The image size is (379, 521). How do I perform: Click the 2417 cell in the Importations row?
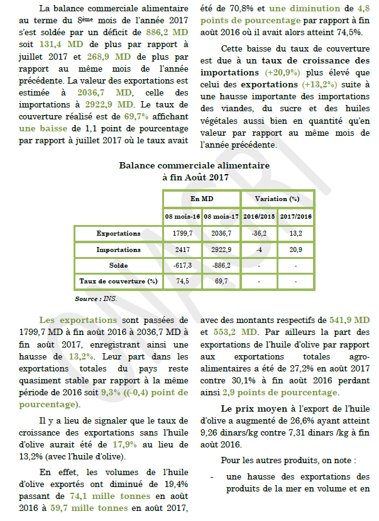[x=182, y=250]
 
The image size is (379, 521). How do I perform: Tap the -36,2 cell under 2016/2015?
[x=259, y=233]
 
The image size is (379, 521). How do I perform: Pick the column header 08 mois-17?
[x=221, y=216]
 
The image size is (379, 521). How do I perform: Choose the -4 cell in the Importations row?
[x=259, y=250]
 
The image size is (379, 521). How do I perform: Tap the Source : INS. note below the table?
[x=96, y=299]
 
